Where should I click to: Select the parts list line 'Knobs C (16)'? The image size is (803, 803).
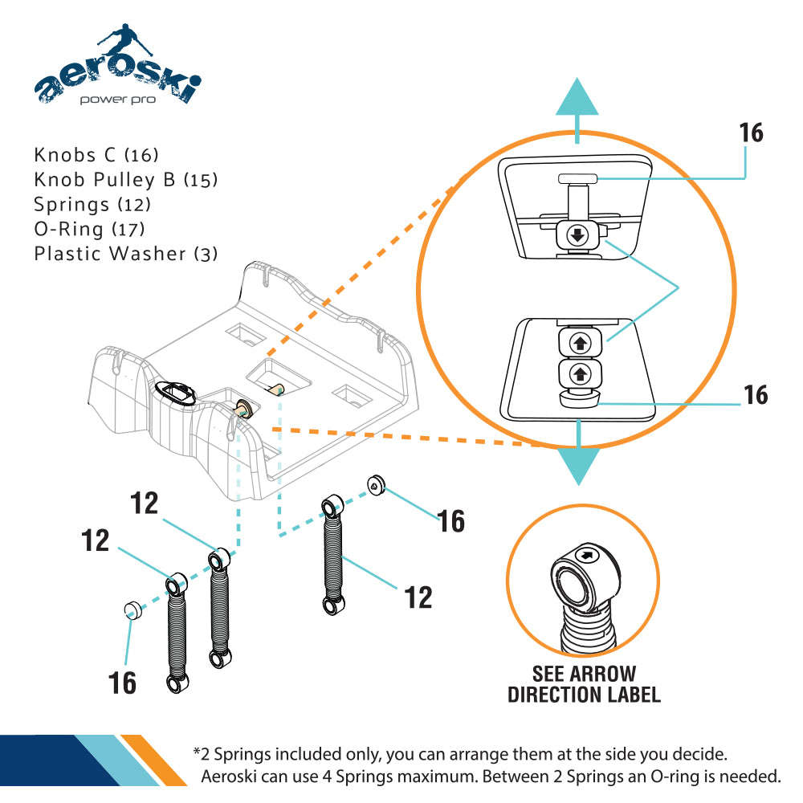tap(96, 154)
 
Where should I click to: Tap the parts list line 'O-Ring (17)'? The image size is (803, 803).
tap(89, 229)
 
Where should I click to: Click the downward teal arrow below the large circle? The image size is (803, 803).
tap(577, 460)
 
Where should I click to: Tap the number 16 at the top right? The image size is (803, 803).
tap(752, 132)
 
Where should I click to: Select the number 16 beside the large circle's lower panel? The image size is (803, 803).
tap(756, 395)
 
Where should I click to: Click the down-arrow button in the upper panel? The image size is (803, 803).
tap(577, 235)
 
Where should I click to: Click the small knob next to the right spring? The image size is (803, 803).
tap(376, 484)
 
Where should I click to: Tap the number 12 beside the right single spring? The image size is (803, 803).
tap(417, 597)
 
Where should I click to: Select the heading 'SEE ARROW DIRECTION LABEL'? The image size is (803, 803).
tap(584, 684)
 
